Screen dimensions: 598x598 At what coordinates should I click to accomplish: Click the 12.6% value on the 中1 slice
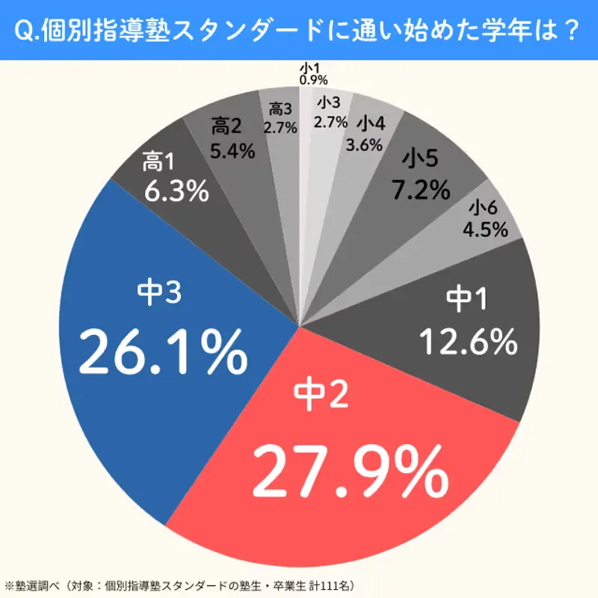[468, 342]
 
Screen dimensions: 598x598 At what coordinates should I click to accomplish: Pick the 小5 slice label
[419, 160]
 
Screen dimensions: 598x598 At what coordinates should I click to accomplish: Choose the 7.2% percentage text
[422, 190]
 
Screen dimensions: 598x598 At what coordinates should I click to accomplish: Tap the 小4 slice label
[372, 123]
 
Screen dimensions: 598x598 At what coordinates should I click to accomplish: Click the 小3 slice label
[329, 102]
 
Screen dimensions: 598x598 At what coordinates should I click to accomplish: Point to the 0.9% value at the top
[313, 79]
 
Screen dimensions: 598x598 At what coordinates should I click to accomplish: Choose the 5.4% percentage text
[229, 150]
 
